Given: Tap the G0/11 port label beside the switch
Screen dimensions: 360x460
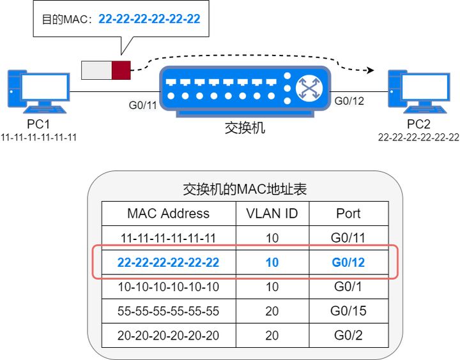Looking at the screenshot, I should pyautogui.click(x=141, y=104).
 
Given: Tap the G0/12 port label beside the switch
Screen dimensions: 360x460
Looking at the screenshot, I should pyautogui.click(x=349, y=100).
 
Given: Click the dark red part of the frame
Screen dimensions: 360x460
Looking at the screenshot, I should pyautogui.click(x=121, y=70).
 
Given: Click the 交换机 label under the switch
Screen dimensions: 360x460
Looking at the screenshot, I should pyautogui.click(x=245, y=128).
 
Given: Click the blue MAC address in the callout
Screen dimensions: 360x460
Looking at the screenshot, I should pyautogui.click(x=149, y=19).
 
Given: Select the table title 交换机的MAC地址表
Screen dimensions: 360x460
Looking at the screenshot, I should pyautogui.click(x=245, y=189).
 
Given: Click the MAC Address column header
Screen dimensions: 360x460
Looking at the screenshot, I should pyautogui.click(x=168, y=213).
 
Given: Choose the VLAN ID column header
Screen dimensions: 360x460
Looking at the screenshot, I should pyautogui.click(x=272, y=213).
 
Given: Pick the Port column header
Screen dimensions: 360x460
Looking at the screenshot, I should pyautogui.click(x=348, y=213).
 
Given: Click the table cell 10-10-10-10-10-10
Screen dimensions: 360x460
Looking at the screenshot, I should pyautogui.click(x=168, y=287).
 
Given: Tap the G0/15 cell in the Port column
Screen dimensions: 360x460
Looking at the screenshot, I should pyautogui.click(x=348, y=311).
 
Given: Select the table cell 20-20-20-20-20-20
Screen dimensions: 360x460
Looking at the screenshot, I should pyautogui.click(x=168, y=336).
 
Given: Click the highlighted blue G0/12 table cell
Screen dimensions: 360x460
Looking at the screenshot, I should pyautogui.click(x=348, y=262).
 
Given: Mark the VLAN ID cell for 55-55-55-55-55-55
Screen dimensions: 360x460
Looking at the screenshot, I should pyautogui.click(x=272, y=311).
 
